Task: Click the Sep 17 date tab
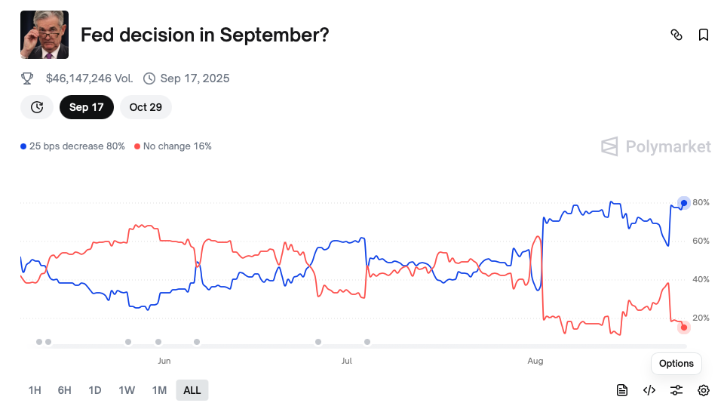point(86,107)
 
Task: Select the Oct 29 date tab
point(146,107)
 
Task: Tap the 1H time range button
point(35,390)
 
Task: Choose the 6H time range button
point(65,390)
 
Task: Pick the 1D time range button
point(95,390)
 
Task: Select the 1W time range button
point(127,390)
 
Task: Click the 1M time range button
point(159,390)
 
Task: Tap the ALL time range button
point(192,390)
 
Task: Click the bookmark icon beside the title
point(704,35)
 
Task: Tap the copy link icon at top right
point(676,35)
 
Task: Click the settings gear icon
point(704,390)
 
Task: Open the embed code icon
point(649,390)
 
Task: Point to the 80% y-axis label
point(701,202)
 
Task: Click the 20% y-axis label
point(701,318)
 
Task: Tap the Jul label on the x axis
point(347,361)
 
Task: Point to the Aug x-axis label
point(535,361)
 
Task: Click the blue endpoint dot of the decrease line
point(684,203)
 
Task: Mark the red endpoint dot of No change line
point(684,327)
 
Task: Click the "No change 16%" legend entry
point(173,146)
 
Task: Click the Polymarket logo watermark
point(656,146)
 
